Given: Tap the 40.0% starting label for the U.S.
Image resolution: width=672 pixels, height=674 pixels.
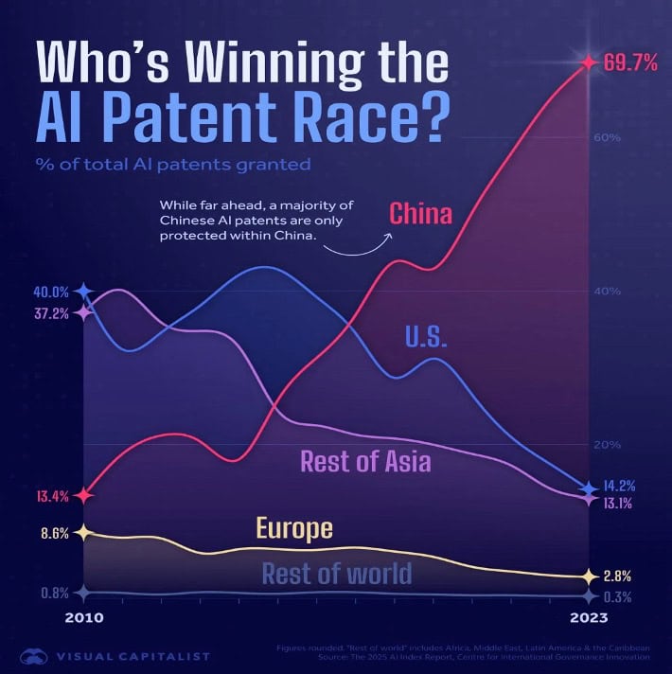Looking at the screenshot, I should click(53, 292).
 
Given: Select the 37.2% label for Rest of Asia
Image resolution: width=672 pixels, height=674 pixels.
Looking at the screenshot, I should click(53, 313).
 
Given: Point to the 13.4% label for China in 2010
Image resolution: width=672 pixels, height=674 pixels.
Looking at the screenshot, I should click(53, 495).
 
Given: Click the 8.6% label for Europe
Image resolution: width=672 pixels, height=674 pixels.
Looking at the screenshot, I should click(55, 533).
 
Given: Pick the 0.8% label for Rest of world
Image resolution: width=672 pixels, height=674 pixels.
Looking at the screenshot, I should click(55, 594).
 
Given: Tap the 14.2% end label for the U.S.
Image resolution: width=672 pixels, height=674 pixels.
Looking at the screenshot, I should click(621, 487).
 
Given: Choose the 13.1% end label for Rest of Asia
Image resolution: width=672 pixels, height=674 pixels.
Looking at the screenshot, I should click(621, 504).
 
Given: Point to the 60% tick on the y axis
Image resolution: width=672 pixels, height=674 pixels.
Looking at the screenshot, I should click(608, 137).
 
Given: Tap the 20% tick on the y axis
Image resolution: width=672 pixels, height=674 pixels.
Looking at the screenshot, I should click(608, 445).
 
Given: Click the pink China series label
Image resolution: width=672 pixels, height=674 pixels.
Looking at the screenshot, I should click(420, 214).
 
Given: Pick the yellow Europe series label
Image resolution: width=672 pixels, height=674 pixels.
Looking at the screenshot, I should click(293, 528).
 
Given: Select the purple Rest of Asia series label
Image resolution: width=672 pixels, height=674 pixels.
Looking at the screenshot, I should click(365, 462).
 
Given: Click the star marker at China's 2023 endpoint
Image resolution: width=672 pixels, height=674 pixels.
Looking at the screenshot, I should click(588, 63).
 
